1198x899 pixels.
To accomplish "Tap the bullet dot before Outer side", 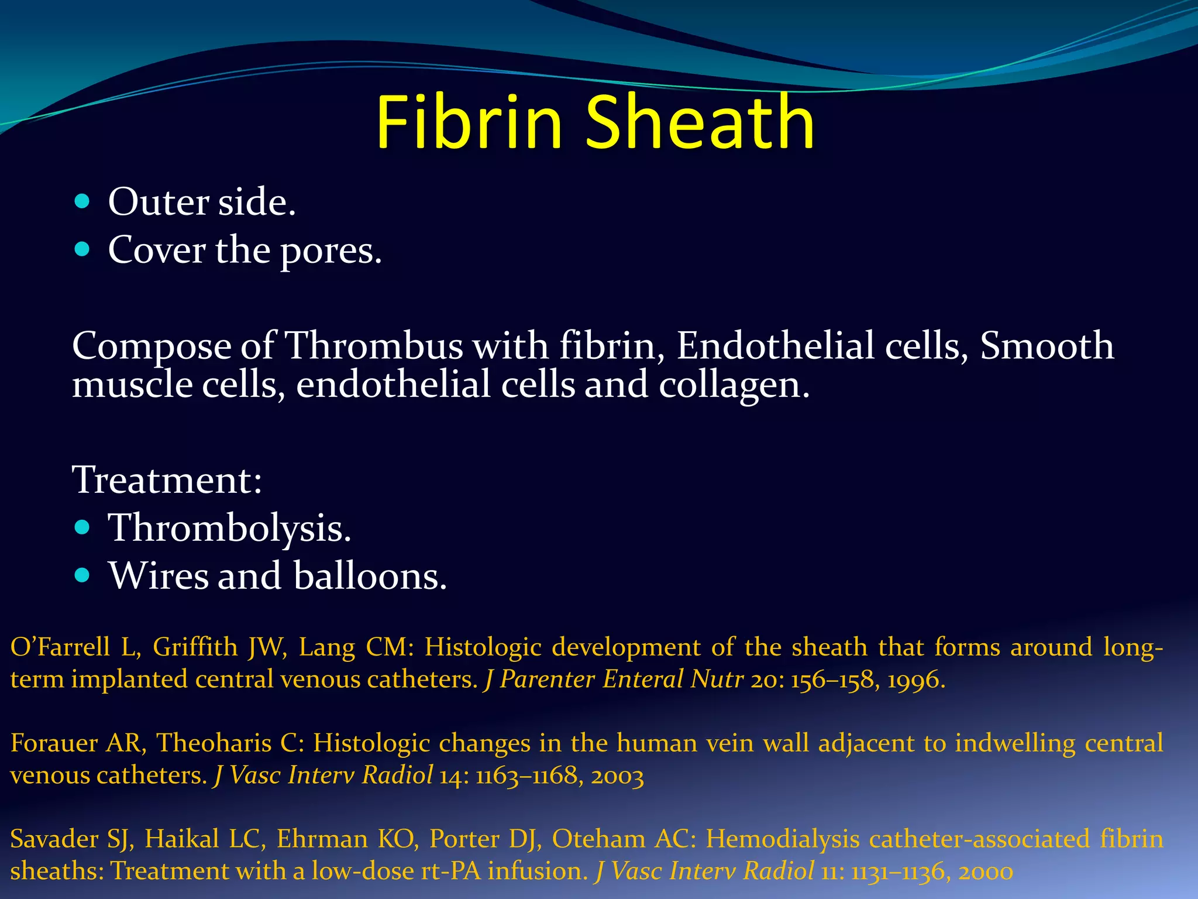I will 82,202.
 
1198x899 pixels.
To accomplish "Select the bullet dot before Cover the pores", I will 82,250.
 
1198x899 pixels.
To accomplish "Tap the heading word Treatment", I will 167,480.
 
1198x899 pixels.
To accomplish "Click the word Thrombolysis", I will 229,528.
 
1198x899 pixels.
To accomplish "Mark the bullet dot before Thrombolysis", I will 82,528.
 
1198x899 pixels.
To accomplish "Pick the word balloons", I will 370,576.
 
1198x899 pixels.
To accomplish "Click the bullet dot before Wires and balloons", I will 82,576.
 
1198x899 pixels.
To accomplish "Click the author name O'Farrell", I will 60,647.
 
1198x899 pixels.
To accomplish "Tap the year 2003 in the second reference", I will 617,776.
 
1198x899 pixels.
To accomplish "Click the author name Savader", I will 54,839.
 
